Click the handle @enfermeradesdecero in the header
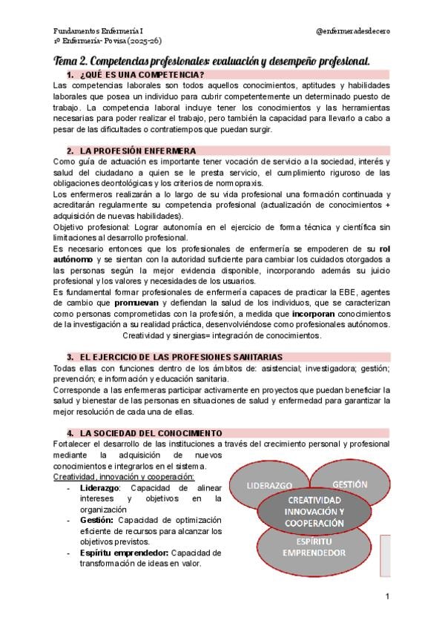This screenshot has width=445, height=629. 353,30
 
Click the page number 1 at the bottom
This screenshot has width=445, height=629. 387,596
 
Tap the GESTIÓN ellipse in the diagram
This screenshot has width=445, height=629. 349,484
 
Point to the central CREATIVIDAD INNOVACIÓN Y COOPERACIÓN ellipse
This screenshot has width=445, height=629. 314,512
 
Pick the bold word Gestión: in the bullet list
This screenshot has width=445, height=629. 96,520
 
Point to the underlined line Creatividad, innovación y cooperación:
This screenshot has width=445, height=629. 124,476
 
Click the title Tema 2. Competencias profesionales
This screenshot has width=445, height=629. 212,59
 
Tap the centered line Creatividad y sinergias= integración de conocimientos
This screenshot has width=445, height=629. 222,335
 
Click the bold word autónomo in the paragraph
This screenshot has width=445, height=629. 73,260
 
